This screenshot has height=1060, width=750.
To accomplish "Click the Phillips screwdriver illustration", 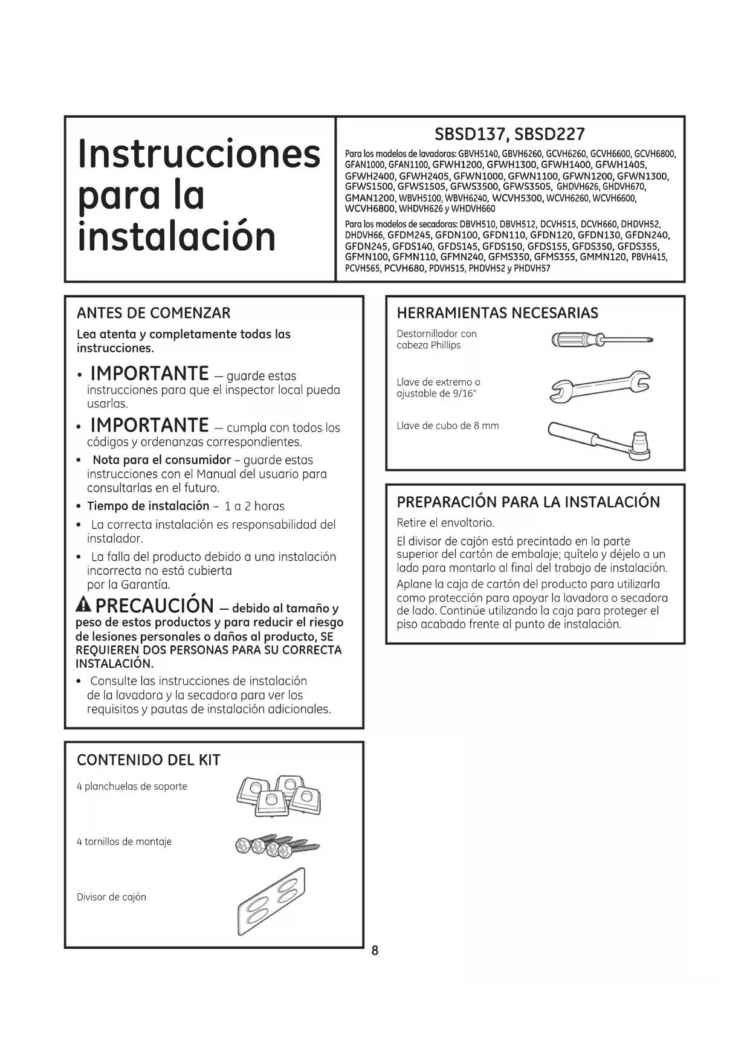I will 602,341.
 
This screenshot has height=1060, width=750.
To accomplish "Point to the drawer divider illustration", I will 271,902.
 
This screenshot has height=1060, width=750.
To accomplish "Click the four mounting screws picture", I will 276,846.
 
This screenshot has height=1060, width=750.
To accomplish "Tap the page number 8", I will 375,951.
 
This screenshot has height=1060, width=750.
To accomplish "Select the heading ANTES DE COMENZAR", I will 154,313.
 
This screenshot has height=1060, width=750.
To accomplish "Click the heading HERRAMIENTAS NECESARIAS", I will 497,313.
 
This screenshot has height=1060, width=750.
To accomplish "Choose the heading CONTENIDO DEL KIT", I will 149,760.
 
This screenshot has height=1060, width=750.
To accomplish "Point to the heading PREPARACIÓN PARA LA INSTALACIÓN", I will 528,502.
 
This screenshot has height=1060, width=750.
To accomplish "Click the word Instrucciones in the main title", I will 199,154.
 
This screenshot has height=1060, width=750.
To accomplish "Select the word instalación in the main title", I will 176,237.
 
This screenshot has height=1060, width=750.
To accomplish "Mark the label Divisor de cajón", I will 111,897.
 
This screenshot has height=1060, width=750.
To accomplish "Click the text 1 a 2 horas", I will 254,506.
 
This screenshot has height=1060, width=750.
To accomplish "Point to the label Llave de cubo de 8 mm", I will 448,425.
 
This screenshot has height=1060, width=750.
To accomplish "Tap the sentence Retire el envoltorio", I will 445,522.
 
